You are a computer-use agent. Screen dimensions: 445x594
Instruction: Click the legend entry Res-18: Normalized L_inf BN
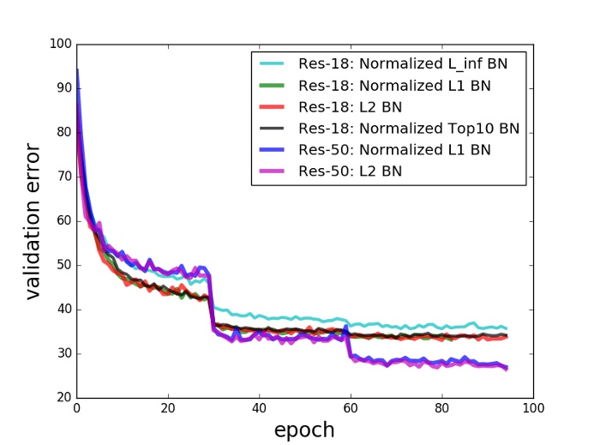(405, 63)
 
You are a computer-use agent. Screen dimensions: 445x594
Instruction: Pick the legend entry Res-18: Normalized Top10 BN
(409, 129)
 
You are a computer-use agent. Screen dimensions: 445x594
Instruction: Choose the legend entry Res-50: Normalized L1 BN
(393, 150)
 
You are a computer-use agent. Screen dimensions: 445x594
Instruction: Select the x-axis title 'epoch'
(304, 430)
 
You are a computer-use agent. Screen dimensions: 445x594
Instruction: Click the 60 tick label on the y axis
(63, 220)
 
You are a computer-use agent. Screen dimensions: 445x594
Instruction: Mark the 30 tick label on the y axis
(63, 353)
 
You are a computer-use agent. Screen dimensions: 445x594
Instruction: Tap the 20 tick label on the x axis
(168, 409)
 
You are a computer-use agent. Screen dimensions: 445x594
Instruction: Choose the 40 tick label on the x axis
(259, 409)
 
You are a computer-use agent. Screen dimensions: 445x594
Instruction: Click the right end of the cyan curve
(507, 328)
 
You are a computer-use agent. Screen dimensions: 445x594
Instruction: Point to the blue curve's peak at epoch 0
(77, 70)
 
